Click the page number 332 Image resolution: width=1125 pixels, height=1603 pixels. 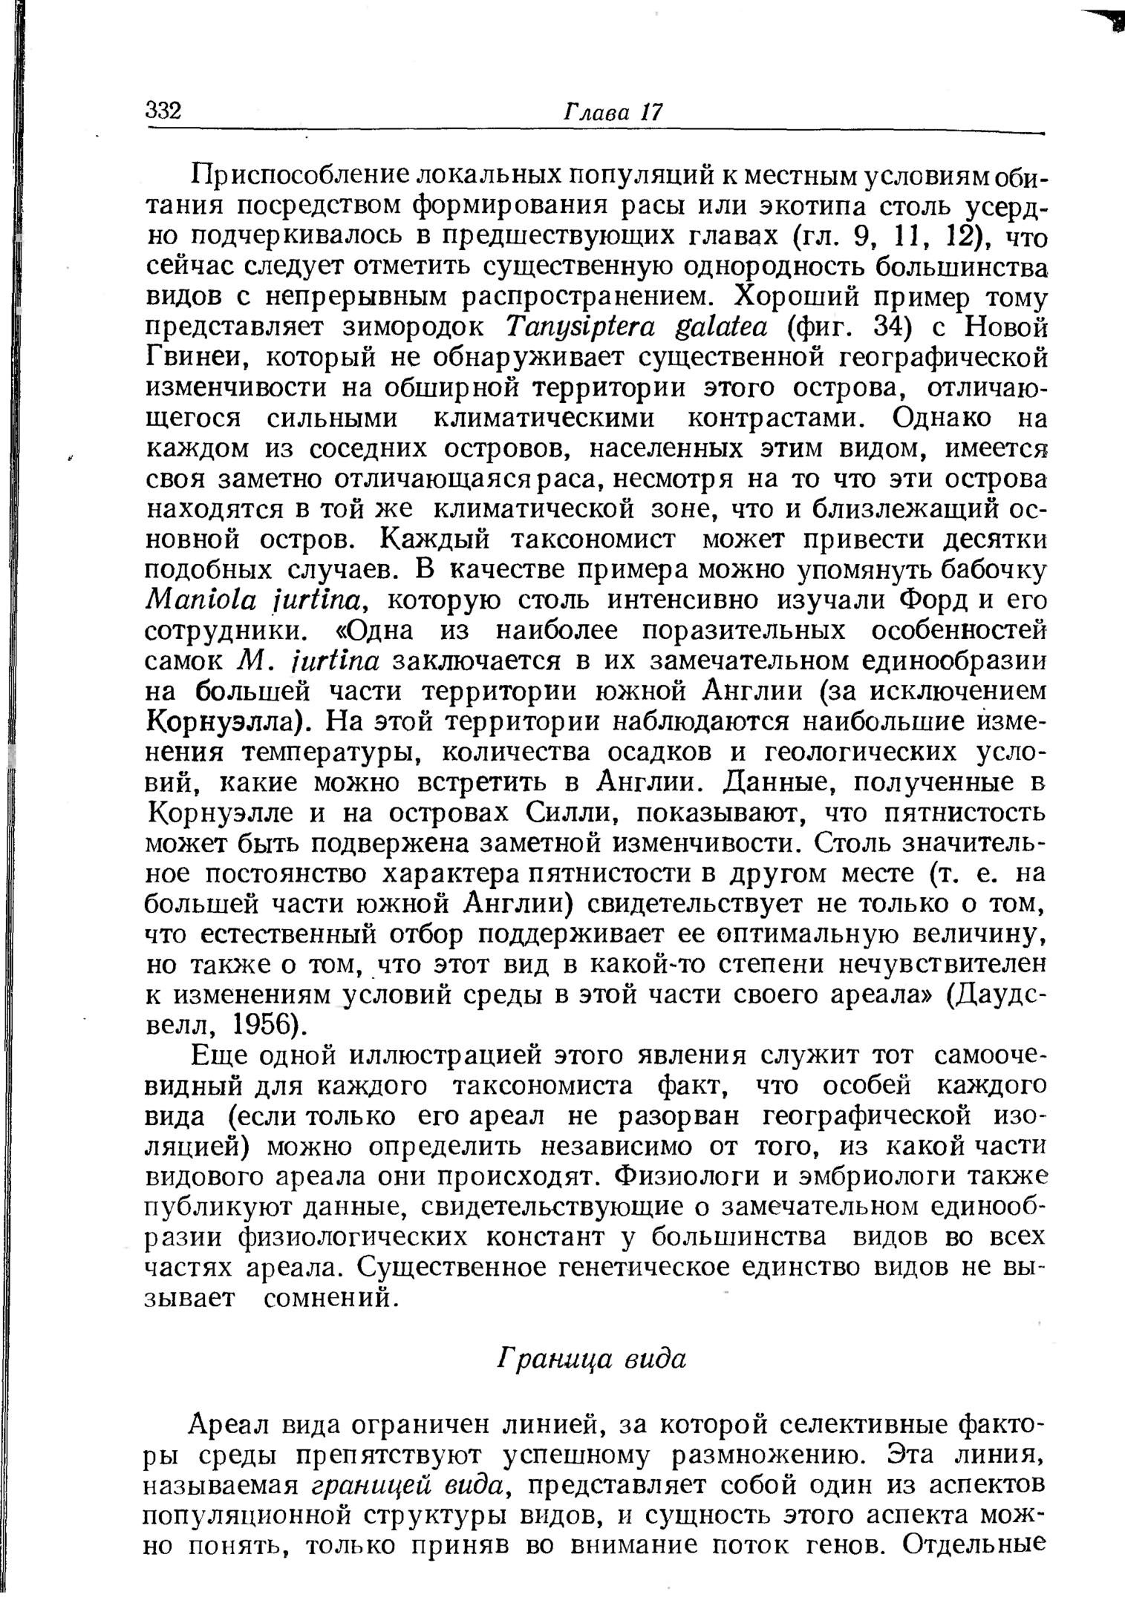pyautogui.click(x=164, y=111)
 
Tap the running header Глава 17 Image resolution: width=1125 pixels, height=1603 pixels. pyautogui.click(x=613, y=112)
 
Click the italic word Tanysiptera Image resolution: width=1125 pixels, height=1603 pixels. pyautogui.click(x=575, y=327)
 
